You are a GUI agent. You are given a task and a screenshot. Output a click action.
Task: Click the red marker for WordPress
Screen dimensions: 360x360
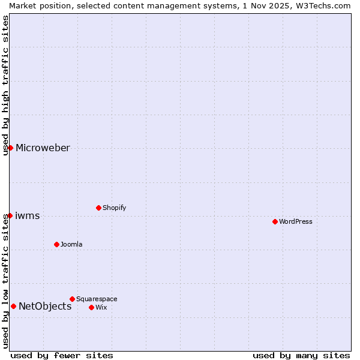(x=275, y=221)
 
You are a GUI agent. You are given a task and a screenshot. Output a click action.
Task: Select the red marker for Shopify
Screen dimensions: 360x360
(x=98, y=208)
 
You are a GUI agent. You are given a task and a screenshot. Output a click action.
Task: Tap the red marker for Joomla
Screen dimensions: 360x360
(x=56, y=244)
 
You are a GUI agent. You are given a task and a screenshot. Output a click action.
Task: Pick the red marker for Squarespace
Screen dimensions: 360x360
(x=72, y=299)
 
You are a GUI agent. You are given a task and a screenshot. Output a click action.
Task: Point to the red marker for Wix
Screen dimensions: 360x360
(x=91, y=307)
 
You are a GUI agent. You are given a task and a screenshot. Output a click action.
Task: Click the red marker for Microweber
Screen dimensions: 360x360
(x=10, y=148)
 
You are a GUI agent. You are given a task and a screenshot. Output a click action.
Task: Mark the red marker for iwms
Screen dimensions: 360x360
(x=10, y=215)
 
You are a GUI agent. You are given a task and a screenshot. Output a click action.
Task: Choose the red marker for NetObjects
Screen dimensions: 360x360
(x=13, y=306)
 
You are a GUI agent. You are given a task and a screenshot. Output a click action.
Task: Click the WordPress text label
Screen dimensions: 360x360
(x=296, y=221)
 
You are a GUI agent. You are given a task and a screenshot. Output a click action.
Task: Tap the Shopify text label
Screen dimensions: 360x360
(x=115, y=208)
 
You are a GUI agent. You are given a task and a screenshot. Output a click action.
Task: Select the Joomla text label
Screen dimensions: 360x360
(x=71, y=244)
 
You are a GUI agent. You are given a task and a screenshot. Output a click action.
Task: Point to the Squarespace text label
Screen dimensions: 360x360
(x=97, y=299)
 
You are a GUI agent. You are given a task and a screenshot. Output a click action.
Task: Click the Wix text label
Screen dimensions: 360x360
(x=101, y=307)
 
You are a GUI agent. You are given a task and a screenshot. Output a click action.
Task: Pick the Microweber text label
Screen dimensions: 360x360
(x=43, y=148)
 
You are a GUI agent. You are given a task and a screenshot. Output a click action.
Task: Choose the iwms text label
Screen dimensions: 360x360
(x=28, y=215)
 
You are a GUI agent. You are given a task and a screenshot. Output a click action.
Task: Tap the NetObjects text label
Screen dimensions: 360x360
(x=45, y=306)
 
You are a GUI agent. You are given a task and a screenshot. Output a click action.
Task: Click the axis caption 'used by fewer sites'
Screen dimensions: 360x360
(x=62, y=355)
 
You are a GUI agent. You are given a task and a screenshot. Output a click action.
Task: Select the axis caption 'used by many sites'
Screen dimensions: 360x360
(x=301, y=355)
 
